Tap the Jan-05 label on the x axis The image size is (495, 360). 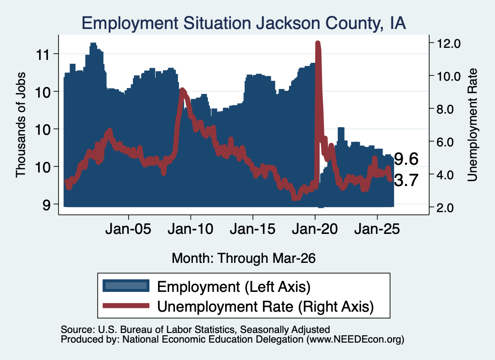[129, 229]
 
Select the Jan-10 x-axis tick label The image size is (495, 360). [190, 229]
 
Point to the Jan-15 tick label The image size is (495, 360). [252, 229]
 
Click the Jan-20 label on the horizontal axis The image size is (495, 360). [315, 229]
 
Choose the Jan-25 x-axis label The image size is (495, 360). [377, 229]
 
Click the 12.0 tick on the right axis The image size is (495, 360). [448, 43]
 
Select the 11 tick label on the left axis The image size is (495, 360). [43, 55]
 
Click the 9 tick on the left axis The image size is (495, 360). [46, 205]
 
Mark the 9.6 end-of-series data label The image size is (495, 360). [406, 159]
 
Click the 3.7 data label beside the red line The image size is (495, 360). [406, 180]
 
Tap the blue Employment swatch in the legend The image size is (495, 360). [126, 286]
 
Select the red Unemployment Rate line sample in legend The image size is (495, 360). [126, 305]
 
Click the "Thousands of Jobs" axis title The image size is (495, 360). [21, 125]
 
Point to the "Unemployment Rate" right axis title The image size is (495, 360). [473, 125]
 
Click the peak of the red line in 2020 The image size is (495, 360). [318, 43]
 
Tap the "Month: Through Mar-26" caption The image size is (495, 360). [244, 258]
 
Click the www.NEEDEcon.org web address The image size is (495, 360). [355, 340]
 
